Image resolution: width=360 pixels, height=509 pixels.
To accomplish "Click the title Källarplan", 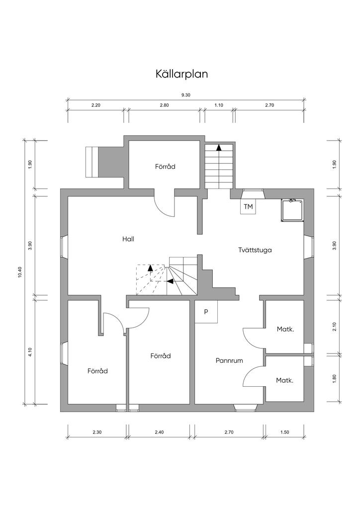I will (x=181, y=74).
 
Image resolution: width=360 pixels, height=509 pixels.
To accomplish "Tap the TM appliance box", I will (x=248, y=206).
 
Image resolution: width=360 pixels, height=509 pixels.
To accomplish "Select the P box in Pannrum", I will (x=206, y=312).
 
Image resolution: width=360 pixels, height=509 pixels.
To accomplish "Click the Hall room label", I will (x=128, y=239).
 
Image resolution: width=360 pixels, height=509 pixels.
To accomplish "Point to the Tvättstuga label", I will (x=255, y=251).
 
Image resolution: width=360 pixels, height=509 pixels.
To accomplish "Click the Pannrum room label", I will (x=229, y=360).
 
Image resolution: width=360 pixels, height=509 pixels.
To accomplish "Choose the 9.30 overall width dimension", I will (x=185, y=95).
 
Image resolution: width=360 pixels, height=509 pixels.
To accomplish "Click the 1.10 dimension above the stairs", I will (x=219, y=105).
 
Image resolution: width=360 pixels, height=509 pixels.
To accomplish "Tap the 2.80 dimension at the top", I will (x=164, y=105).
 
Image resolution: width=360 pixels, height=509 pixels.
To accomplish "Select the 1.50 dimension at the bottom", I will (x=284, y=432).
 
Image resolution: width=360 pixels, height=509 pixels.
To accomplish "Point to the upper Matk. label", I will (x=284, y=329).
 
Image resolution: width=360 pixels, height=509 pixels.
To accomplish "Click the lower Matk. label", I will (x=284, y=380).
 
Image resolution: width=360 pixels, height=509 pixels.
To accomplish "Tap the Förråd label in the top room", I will (x=165, y=167).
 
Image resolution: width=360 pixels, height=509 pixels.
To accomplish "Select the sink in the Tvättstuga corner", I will (x=291, y=211).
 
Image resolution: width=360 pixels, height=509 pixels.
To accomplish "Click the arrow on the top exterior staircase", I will (x=219, y=147).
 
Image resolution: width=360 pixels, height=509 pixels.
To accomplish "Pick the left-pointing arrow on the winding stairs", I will (x=170, y=281).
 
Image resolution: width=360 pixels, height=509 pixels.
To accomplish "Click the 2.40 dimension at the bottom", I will (x=159, y=432).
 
